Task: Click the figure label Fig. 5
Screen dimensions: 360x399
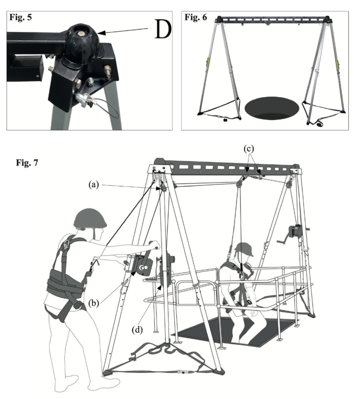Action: tap(21, 17)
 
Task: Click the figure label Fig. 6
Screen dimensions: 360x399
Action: tap(196, 17)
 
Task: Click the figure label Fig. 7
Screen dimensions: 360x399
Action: tap(27, 162)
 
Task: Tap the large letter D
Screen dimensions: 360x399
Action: tap(163, 29)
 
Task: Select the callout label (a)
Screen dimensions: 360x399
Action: tap(94, 185)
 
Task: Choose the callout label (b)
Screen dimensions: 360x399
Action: tap(93, 303)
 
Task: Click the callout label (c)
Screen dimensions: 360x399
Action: tap(249, 149)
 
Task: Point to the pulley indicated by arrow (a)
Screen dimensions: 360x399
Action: tap(163, 188)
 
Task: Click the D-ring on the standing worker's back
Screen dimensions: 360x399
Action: tap(66, 244)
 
